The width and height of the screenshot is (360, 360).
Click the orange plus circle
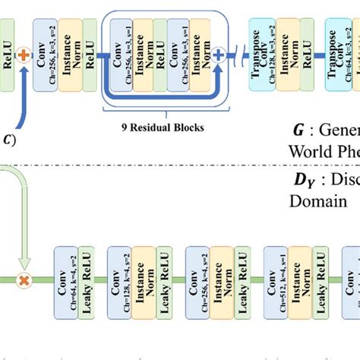[23, 55]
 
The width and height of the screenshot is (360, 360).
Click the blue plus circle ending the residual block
[219, 55]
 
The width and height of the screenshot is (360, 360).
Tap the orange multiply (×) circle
[24, 280]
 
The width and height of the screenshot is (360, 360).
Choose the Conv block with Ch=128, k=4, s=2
[119, 279]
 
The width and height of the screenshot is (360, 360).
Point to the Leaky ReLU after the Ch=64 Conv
[86, 279]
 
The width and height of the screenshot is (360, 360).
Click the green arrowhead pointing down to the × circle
[24, 266]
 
